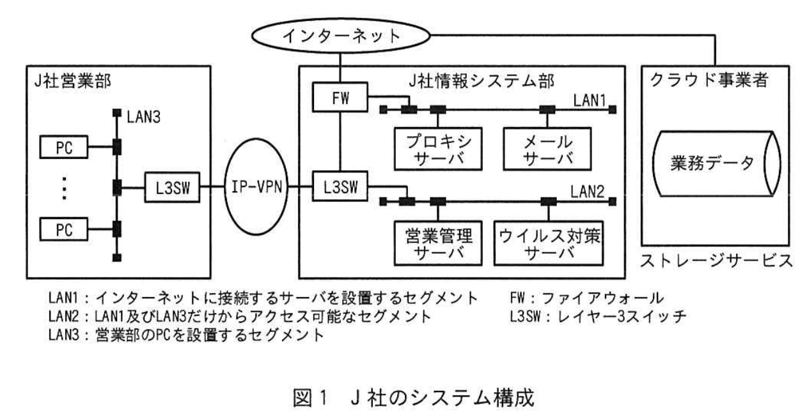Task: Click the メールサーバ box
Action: pos(547,148)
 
